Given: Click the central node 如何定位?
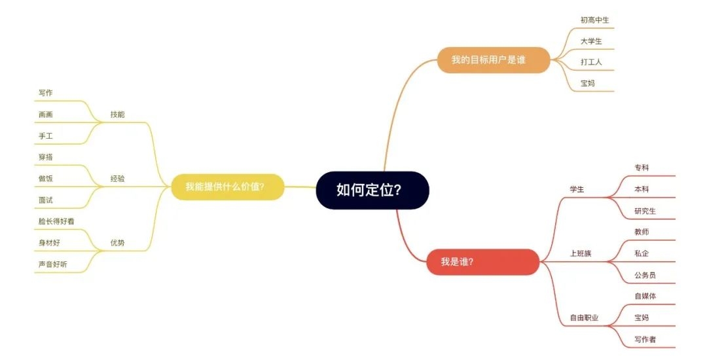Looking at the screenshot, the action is (372, 190).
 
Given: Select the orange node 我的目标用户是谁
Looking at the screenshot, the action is (494, 60).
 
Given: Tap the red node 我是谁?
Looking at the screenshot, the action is (483, 262).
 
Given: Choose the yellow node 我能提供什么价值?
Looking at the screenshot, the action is (228, 187).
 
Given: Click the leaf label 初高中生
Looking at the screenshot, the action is (594, 20).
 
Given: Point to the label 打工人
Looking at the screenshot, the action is (591, 62).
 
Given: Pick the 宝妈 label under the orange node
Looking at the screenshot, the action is (587, 83).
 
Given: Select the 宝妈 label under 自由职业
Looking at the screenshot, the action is (642, 317).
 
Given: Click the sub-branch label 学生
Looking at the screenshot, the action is (577, 189).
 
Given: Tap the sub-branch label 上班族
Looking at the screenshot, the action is (581, 253).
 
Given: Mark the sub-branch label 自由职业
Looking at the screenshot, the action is (585, 317).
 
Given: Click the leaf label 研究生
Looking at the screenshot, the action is (645, 211).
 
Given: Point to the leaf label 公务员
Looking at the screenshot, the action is (645, 275).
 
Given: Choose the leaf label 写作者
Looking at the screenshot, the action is (645, 339).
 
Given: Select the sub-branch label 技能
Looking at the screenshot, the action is (118, 115).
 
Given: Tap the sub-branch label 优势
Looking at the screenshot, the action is (118, 243).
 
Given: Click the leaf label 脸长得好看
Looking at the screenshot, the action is (56, 221).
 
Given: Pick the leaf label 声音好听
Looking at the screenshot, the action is (53, 264).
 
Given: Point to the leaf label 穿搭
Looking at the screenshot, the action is (46, 157).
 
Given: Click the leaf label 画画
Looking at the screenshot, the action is (46, 115).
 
